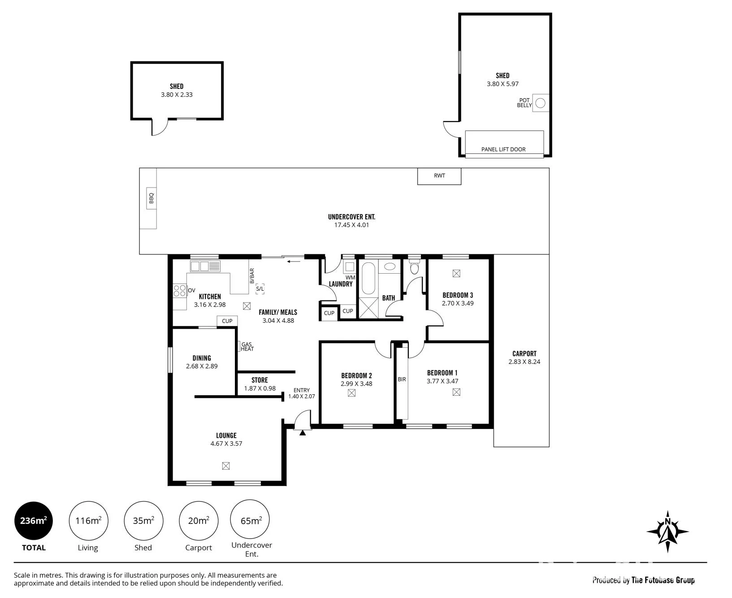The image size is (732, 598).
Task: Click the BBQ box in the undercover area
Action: pos(151,198)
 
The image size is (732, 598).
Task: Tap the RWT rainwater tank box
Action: pos(439,176)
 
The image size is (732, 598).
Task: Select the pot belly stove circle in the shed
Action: pos(541,103)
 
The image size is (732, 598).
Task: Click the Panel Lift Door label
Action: pos(503,149)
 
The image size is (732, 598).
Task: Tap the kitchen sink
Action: pos(205,266)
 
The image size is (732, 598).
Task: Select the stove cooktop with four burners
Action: pos(180,291)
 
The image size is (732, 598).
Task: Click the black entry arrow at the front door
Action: pos(303,432)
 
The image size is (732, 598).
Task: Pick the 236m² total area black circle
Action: pos(34,521)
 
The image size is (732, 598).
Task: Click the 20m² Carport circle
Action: pos(199,521)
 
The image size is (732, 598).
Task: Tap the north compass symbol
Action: pos(667,532)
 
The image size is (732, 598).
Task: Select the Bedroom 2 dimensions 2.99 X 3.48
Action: pos(356,384)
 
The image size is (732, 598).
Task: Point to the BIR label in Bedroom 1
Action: pos(402,380)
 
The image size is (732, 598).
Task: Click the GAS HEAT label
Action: pos(247,347)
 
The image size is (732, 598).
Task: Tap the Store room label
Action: pos(260,380)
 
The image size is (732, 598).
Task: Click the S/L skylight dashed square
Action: pos(260,289)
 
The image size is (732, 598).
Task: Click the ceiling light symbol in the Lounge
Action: pos(226,466)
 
